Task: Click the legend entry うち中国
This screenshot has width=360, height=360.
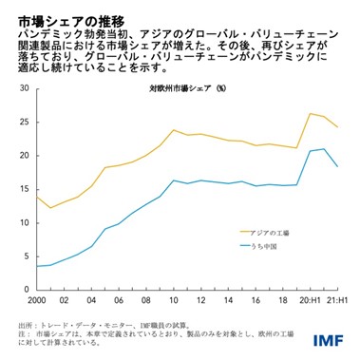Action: click(267, 246)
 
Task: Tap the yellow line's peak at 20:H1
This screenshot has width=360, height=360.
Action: click(311, 113)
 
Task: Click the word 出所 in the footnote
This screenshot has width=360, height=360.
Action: click(28, 325)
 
